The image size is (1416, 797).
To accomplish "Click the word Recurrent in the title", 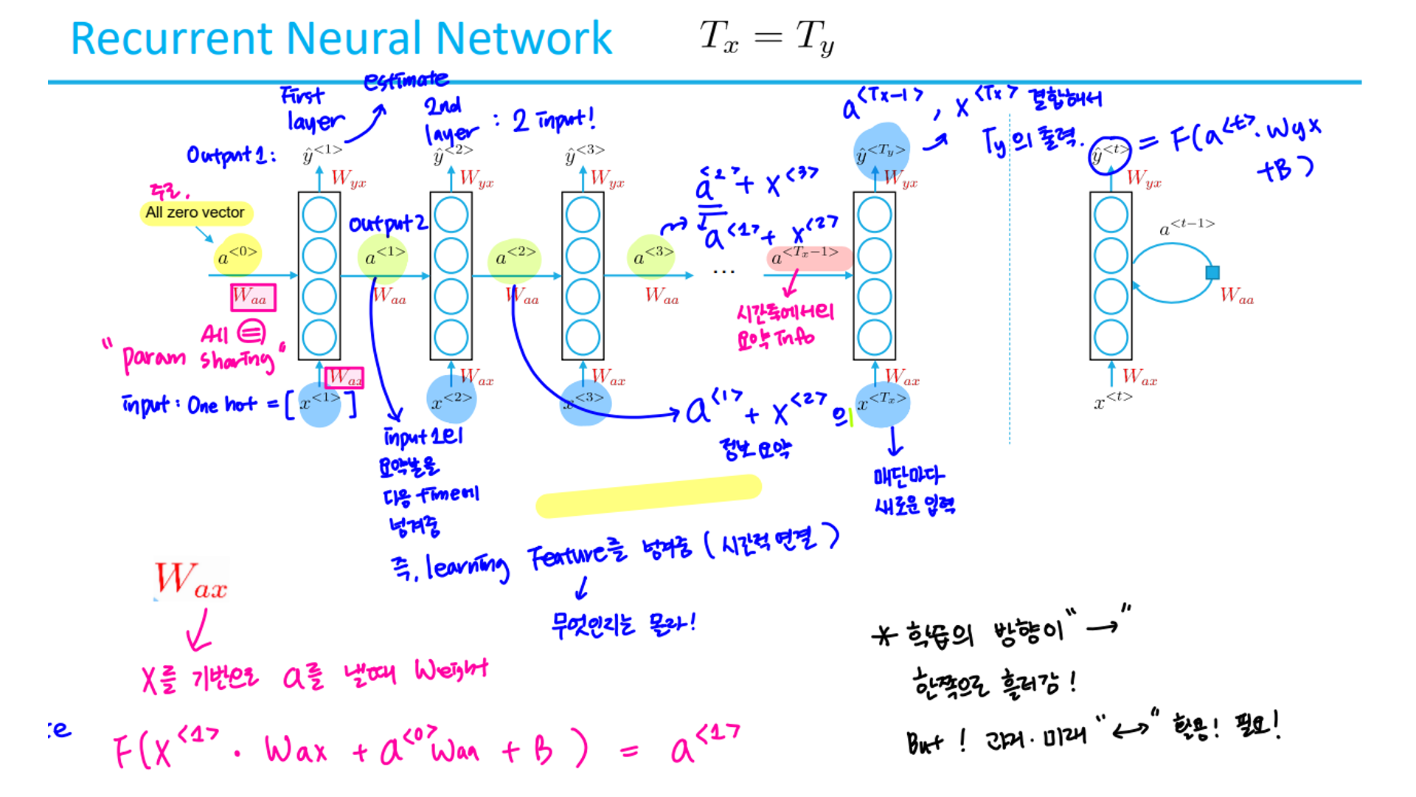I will pyautogui.click(x=172, y=38).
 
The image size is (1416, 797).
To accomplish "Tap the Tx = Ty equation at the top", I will pyautogui.click(x=766, y=37).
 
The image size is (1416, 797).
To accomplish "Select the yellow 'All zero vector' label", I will pyautogui.click(x=195, y=213).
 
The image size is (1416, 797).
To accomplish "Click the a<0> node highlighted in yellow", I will pyautogui.click(x=237, y=255).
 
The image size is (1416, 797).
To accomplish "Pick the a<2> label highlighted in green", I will pyautogui.click(x=516, y=256).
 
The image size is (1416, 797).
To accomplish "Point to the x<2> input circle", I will pyautogui.click(x=451, y=399).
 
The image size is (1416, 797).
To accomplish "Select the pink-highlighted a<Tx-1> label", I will pyautogui.click(x=808, y=257).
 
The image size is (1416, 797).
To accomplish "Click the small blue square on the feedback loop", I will pyautogui.click(x=1212, y=272).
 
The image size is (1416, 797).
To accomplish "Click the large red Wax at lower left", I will pyautogui.click(x=191, y=580).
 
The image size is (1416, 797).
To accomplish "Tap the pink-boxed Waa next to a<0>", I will pyautogui.click(x=253, y=297).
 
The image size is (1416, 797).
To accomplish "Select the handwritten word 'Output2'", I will pyautogui.click(x=387, y=224).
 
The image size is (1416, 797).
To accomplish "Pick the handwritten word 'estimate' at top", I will pyautogui.click(x=406, y=80).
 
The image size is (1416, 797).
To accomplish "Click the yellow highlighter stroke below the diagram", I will pyautogui.click(x=648, y=496).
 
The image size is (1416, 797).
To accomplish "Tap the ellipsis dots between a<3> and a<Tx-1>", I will pyautogui.click(x=723, y=272).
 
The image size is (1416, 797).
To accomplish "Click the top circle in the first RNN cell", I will pyautogui.click(x=319, y=215).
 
